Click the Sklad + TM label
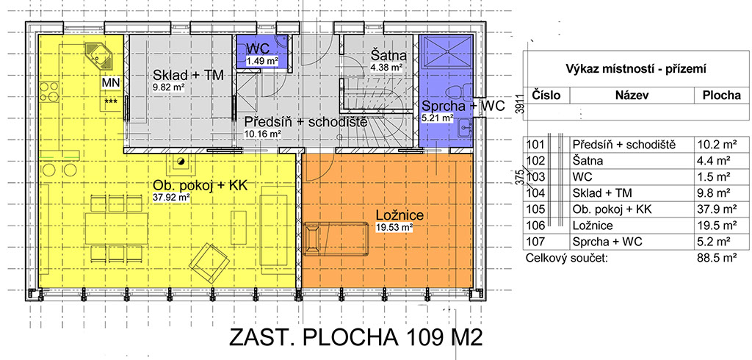(189, 76)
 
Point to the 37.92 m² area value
(171, 196)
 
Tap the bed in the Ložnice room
(336, 238)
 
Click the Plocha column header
(722, 95)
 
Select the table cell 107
(535, 242)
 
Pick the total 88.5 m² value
(717, 258)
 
